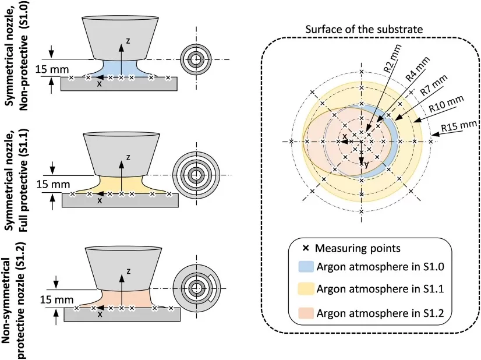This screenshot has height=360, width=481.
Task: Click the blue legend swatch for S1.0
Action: point(306,267)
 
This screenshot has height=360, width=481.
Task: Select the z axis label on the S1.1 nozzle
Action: point(128,157)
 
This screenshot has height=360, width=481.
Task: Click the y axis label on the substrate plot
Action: point(366,165)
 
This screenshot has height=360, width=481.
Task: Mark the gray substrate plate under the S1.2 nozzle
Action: point(122,315)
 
